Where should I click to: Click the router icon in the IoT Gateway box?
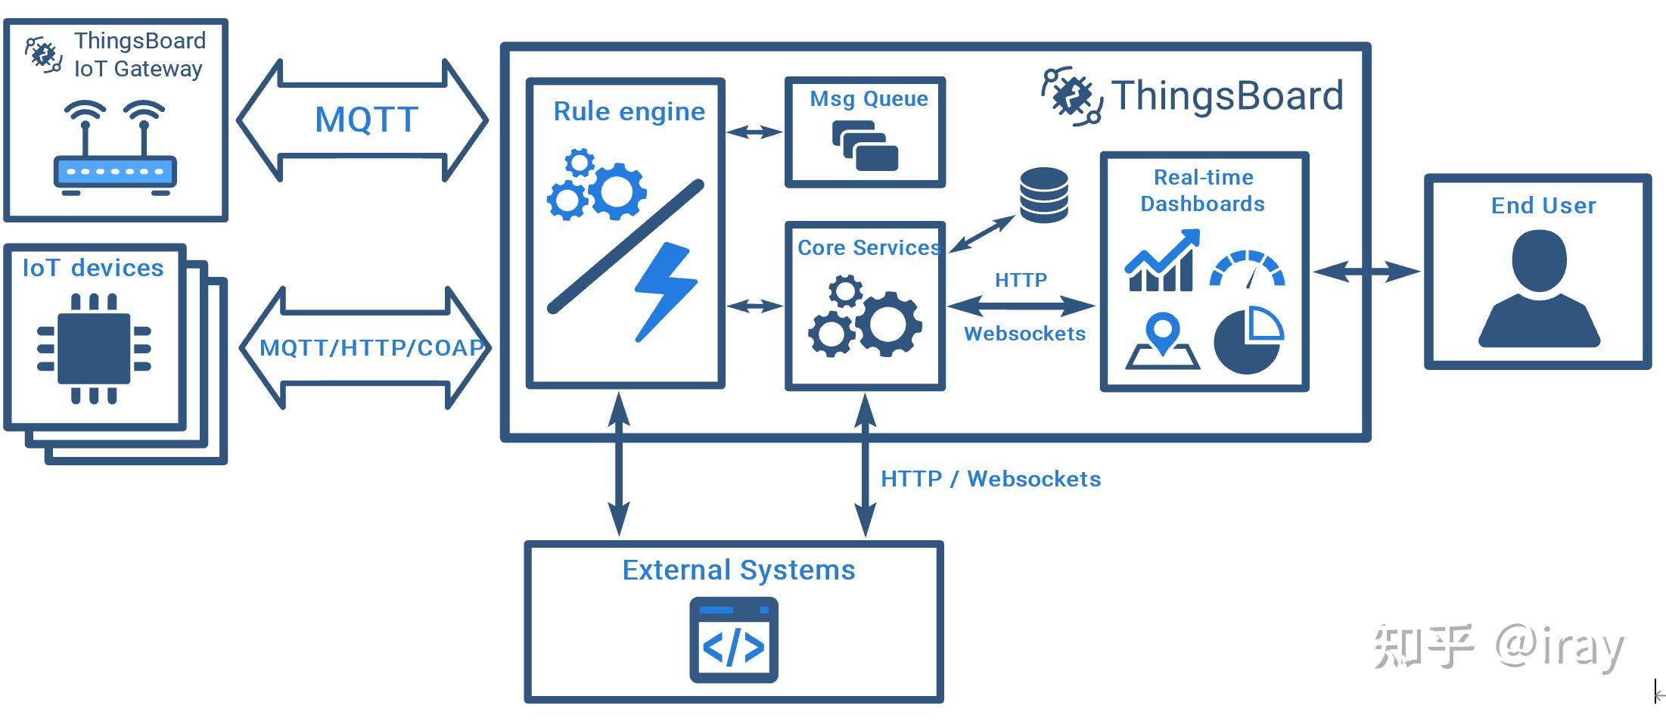[115, 148]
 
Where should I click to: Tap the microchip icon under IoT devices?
[94, 349]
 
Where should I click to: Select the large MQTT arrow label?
[366, 120]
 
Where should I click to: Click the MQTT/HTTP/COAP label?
[371, 347]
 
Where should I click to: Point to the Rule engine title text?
[629, 112]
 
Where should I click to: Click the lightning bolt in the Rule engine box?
[665, 292]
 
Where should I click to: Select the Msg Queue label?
[869, 99]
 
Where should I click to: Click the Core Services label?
[868, 247]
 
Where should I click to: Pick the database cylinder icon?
[1044, 195]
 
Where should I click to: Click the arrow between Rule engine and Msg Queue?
[754, 132]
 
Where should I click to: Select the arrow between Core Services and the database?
[982, 234]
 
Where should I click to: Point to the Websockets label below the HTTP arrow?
[1024, 334]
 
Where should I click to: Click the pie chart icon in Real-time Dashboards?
[1248, 340]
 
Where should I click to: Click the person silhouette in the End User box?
[1539, 288]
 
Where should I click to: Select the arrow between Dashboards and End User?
[1366, 271]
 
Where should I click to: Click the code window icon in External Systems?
[733, 640]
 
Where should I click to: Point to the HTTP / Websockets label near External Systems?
[990, 479]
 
